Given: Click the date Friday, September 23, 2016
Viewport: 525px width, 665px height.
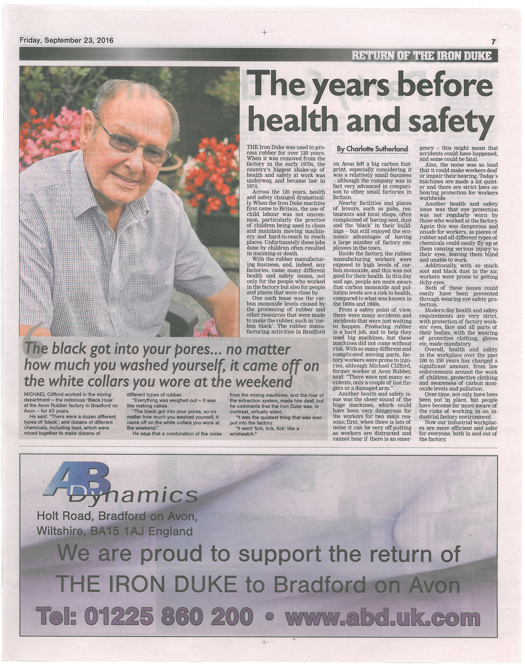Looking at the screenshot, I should click(x=66, y=40).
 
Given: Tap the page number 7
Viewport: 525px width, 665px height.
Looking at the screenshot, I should click(x=493, y=42).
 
